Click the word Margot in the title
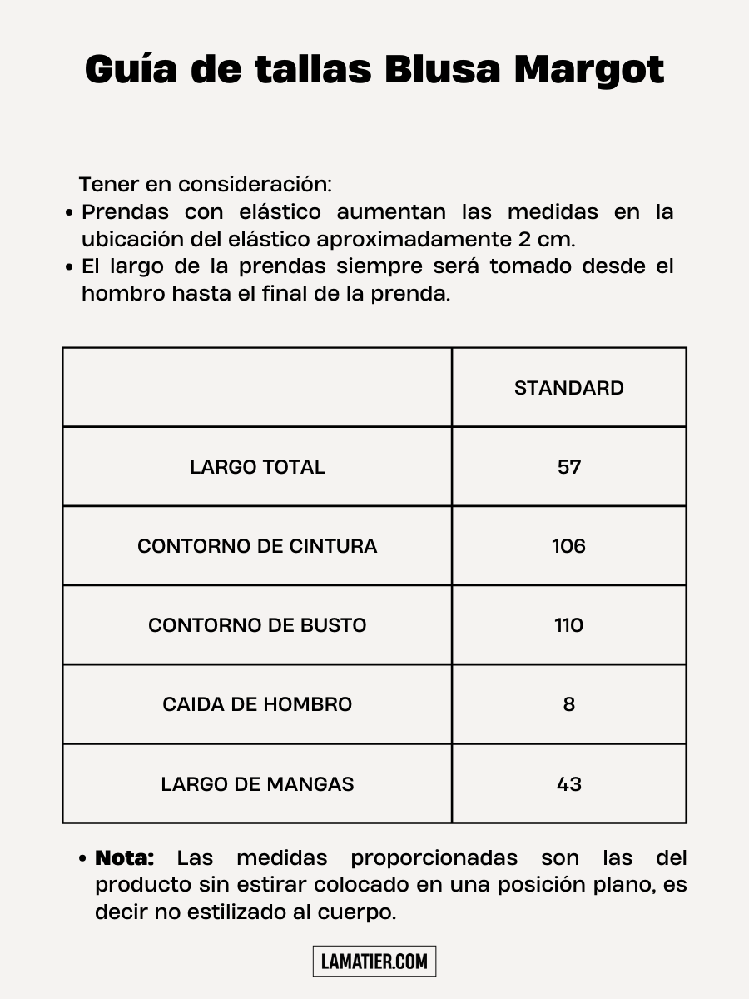click(589, 70)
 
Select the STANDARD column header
click(568, 388)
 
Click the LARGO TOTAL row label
click(257, 467)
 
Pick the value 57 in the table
click(569, 467)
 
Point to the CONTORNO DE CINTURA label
click(257, 546)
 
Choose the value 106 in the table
click(569, 546)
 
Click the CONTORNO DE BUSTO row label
click(257, 625)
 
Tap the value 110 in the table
click(569, 625)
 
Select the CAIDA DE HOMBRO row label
click(257, 704)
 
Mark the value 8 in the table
click(569, 704)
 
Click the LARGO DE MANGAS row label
click(257, 784)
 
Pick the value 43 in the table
click(569, 784)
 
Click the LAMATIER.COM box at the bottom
click(374, 962)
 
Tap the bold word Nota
click(125, 857)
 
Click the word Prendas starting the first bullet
click(125, 212)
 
